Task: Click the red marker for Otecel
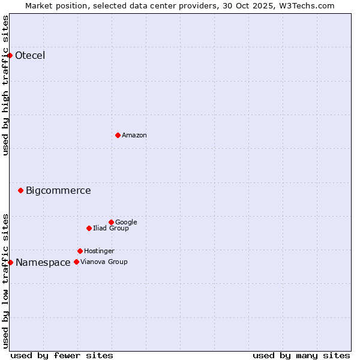point(10,55)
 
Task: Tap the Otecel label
point(30,56)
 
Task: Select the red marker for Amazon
point(118,135)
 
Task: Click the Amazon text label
point(134,136)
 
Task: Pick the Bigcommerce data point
point(20,190)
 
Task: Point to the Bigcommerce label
point(58,191)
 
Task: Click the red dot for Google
point(111,222)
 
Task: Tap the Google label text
point(126,223)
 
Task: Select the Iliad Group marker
point(89,228)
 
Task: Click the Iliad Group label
point(111,229)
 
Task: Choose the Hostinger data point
point(80,251)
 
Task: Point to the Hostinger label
point(99,251)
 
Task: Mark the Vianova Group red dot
point(76,262)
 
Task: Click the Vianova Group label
point(104,262)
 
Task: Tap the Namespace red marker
point(10,262)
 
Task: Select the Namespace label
point(43,263)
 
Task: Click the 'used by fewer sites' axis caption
point(62,355)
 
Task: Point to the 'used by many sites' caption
point(301,355)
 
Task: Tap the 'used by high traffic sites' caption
point(6,85)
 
